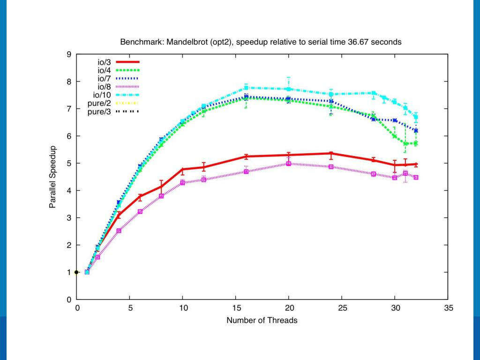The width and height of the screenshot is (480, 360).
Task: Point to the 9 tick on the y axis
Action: [69, 54]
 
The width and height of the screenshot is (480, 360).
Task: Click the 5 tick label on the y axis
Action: [69, 163]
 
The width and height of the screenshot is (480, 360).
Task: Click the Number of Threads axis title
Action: [262, 321]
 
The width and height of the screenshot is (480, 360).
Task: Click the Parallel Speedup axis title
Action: [54, 177]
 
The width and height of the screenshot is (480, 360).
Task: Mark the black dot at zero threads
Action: [77, 272]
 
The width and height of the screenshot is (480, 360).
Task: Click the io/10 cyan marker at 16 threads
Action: [247, 88]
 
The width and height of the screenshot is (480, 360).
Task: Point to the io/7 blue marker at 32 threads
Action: [416, 131]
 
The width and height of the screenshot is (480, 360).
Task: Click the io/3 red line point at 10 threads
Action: [183, 169]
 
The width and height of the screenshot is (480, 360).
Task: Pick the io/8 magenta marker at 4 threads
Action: [119, 231]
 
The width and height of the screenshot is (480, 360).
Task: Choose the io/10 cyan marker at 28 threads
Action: [374, 93]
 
